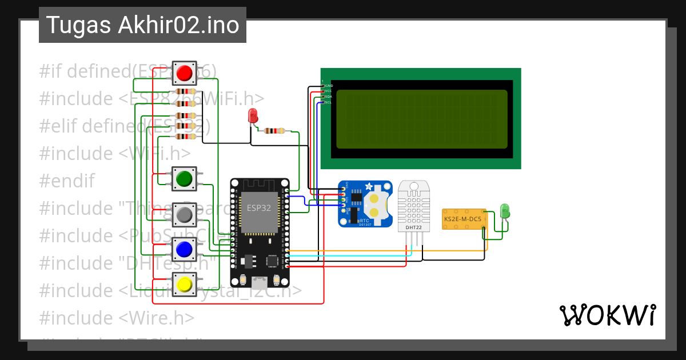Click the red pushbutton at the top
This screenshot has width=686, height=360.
(184, 73)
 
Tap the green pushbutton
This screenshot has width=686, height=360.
(184, 179)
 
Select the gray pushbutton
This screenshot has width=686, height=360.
(184, 214)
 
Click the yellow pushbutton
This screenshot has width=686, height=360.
(184, 284)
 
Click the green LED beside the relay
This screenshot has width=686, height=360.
(505, 211)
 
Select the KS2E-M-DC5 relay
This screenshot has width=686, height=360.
(464, 219)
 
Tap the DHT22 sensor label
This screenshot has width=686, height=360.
(413, 227)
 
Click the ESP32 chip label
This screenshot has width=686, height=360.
(259, 208)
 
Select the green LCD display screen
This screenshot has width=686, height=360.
(422, 119)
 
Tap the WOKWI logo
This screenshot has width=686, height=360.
(607, 315)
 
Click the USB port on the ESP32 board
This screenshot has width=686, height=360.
(260, 281)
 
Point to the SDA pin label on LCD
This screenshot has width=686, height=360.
(328, 97)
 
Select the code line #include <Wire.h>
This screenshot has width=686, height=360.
(117, 318)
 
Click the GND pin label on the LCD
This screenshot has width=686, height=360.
(329, 86)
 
